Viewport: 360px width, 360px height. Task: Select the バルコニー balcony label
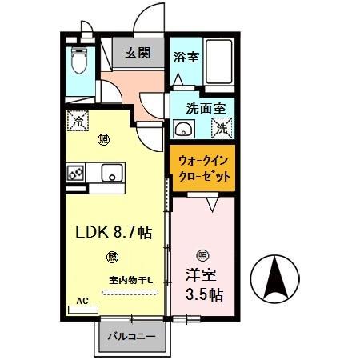coord(133,337)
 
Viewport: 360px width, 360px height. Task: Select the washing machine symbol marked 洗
coord(222,126)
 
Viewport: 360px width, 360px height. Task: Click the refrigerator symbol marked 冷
coord(78,122)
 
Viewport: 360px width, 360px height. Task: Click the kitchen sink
coord(110,170)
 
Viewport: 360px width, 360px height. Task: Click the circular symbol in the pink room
coord(202,255)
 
